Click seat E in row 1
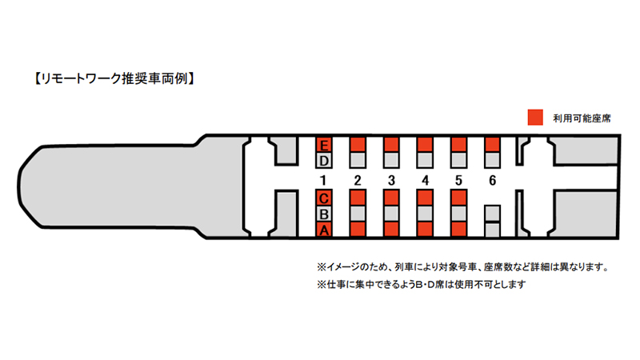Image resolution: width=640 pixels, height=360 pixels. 324,145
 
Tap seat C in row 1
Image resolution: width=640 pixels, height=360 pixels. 324,198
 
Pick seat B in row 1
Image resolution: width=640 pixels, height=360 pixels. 324,214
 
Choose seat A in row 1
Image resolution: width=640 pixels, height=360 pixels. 324,230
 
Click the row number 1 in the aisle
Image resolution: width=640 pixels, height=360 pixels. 324,180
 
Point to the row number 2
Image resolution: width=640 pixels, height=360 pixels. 358,180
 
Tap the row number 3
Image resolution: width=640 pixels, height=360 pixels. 391,180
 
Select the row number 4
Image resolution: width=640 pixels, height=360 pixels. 425,180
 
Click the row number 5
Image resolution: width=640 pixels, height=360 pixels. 458,180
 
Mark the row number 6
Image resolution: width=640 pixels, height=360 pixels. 492,180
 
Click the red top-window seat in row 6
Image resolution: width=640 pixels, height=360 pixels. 492,144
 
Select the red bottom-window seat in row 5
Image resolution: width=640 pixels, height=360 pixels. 458,230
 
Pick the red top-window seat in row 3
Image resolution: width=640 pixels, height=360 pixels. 391,144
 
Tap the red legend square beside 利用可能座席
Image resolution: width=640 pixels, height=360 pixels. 534,117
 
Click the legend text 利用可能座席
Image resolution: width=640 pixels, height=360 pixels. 582,118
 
